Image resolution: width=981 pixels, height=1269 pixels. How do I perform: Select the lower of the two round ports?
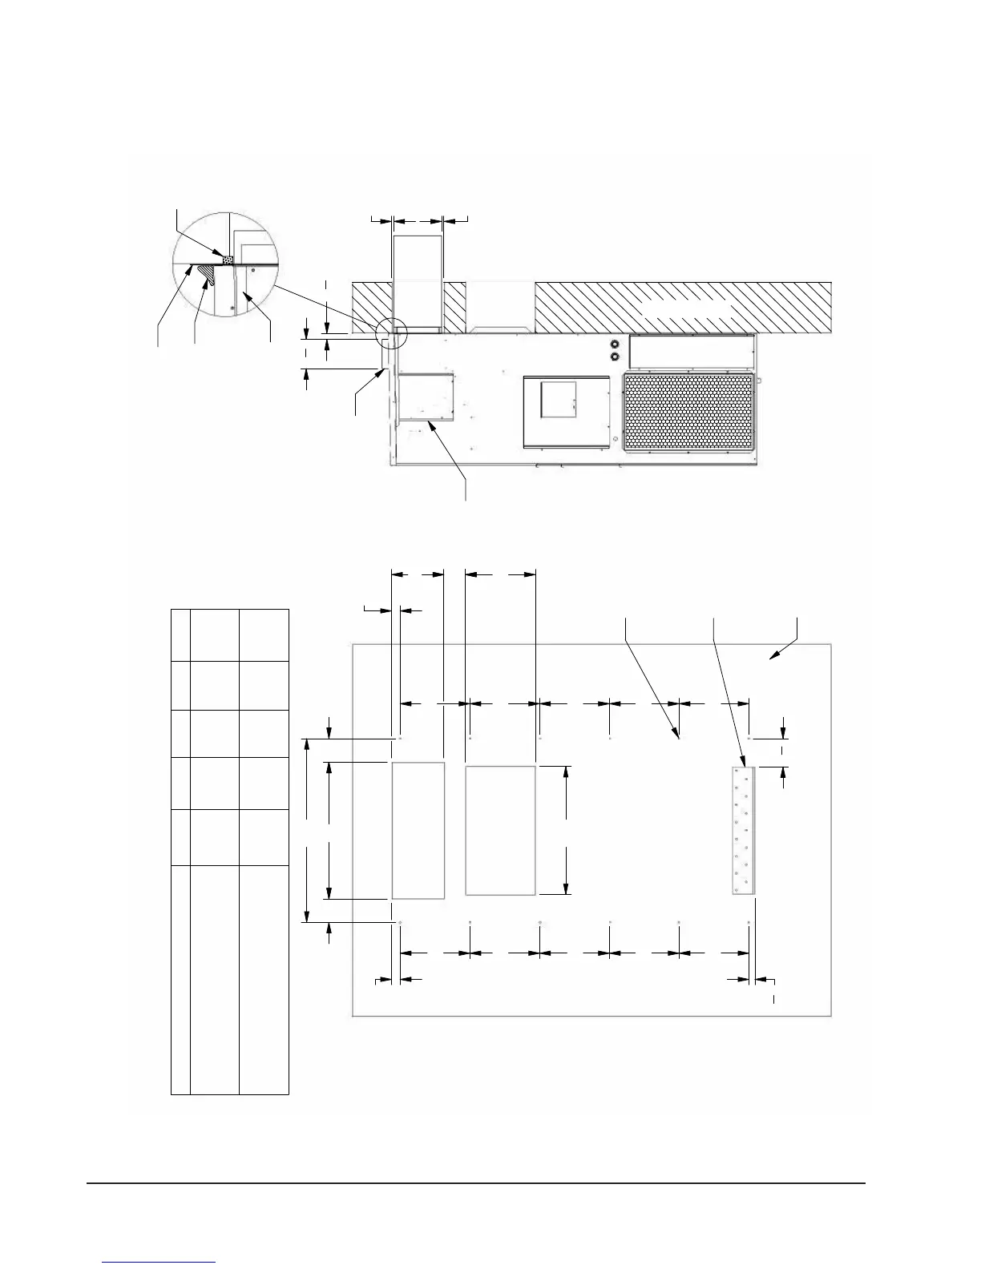tap(616, 357)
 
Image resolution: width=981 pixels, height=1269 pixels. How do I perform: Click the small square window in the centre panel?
tap(559, 399)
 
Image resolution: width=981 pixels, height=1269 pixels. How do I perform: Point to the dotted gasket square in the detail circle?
tap(228, 260)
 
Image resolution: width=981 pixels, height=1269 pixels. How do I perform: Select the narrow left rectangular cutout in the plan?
tap(418, 831)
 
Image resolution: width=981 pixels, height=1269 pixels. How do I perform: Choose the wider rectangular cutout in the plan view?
tap(500, 830)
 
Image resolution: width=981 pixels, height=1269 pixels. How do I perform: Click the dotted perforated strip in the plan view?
tap(743, 830)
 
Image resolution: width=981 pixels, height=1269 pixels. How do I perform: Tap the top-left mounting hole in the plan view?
tap(399, 738)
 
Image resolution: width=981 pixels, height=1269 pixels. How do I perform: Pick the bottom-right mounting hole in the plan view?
tap(749, 923)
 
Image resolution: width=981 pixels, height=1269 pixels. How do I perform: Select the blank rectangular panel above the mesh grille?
tap(692, 352)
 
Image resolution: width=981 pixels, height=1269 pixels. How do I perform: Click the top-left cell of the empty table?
tap(180, 634)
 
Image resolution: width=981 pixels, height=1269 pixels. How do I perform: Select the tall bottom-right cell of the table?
tap(264, 979)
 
